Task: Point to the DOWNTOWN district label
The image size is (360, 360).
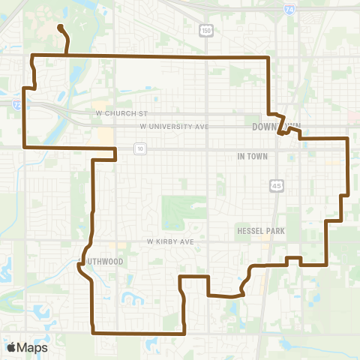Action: pos(277,127)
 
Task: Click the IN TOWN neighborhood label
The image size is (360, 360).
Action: pos(253,156)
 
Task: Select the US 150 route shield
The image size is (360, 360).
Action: pos(205,29)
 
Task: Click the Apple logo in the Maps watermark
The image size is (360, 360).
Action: pos(12,347)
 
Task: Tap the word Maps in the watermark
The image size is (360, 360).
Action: pos(32,347)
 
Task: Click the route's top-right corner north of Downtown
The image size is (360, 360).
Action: pos(268,57)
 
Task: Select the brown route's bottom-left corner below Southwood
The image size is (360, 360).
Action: pos(92,331)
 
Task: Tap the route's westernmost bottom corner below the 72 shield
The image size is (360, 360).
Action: pos(25,147)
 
